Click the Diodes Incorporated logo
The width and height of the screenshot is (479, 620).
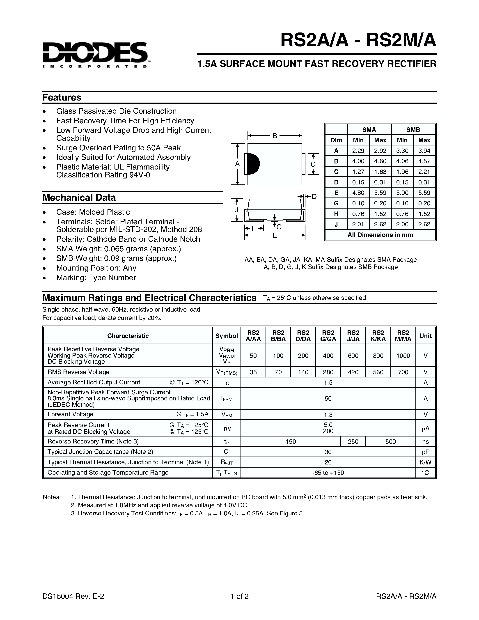95,55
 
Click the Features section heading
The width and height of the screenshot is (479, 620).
62,97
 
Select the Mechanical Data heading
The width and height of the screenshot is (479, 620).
79,197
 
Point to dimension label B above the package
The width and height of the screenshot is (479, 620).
275,136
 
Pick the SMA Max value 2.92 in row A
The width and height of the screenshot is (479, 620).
380,151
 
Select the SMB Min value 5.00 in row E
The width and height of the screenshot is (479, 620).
402,193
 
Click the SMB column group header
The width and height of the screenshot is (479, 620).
413,130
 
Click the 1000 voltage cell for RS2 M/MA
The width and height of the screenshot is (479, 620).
403,356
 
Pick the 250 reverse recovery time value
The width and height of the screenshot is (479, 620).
353,441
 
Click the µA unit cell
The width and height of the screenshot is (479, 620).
425,428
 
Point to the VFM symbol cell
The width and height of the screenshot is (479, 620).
227,415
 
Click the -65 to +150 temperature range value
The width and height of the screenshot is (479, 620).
328,473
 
